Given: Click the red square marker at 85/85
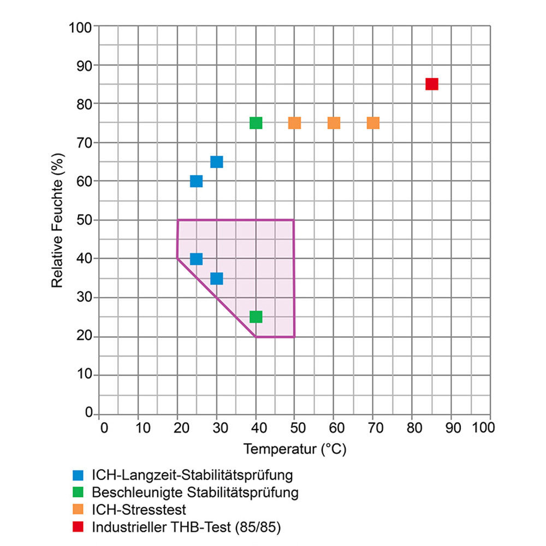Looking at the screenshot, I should (x=432, y=84).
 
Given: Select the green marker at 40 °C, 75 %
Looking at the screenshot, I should (x=256, y=123).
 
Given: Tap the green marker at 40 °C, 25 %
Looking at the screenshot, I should (x=256, y=317).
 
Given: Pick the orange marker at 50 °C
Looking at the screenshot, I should (x=295, y=123).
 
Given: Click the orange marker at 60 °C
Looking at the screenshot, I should (x=334, y=123).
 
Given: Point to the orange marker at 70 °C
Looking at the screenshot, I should (x=373, y=123).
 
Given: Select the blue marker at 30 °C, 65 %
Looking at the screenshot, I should (x=217, y=162).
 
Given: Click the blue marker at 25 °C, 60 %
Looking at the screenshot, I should (x=197, y=181).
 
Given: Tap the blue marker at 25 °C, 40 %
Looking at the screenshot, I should (x=197, y=259).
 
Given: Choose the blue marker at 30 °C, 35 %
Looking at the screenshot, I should (x=217, y=278).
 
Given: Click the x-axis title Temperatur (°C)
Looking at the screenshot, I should (x=295, y=449).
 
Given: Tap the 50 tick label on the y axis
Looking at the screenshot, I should (x=85, y=220).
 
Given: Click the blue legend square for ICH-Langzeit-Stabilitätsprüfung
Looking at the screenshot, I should (x=79, y=474).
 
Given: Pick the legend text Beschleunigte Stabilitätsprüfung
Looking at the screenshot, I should (x=195, y=492).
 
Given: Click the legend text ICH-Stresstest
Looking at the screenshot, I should (x=139, y=510).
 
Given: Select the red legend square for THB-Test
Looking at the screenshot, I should (x=79, y=527).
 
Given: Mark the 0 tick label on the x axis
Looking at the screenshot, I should (x=104, y=427).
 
